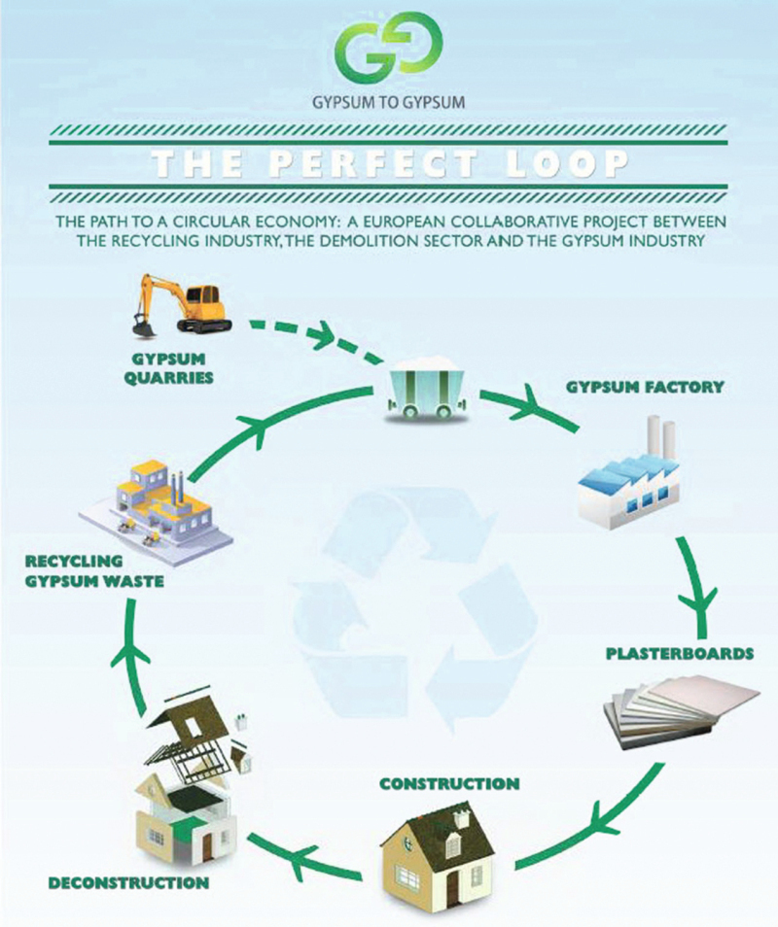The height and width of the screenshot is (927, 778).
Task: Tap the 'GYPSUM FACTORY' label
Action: click(x=645, y=387)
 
